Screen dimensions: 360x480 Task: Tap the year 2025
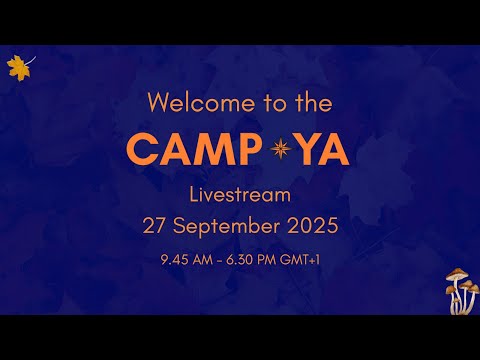[x=309, y=226]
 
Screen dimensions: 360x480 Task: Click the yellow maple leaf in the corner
[x=17, y=67]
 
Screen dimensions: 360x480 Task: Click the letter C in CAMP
[x=144, y=148]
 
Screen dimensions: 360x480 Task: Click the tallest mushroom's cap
[x=457, y=274]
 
